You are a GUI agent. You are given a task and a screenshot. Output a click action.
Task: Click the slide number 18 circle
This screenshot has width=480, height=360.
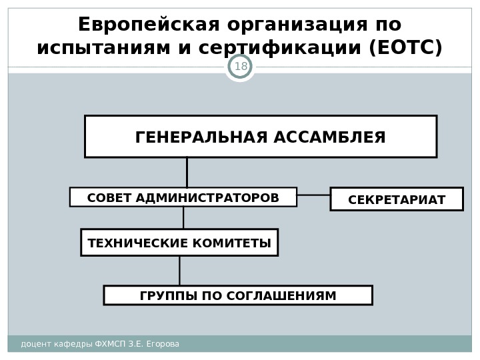coord(241,67)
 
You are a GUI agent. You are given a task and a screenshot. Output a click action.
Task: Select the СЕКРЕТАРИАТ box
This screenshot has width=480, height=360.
coord(397,199)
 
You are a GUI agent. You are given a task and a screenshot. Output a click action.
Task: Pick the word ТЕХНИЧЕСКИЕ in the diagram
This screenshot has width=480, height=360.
coord(128,243)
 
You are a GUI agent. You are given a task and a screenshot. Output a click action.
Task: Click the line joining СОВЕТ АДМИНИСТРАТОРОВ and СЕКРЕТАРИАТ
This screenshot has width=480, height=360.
coord(313,195)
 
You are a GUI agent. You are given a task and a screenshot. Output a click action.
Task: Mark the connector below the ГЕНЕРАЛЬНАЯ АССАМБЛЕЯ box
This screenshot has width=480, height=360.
coord(187,172)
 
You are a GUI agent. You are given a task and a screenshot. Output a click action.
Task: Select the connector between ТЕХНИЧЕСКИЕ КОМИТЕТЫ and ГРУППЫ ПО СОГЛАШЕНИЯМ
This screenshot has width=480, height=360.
coord(180,271)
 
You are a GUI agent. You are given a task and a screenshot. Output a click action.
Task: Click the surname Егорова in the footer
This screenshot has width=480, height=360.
coord(163,344)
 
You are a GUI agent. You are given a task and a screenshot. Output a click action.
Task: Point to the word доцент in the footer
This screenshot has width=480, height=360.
coord(34,344)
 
